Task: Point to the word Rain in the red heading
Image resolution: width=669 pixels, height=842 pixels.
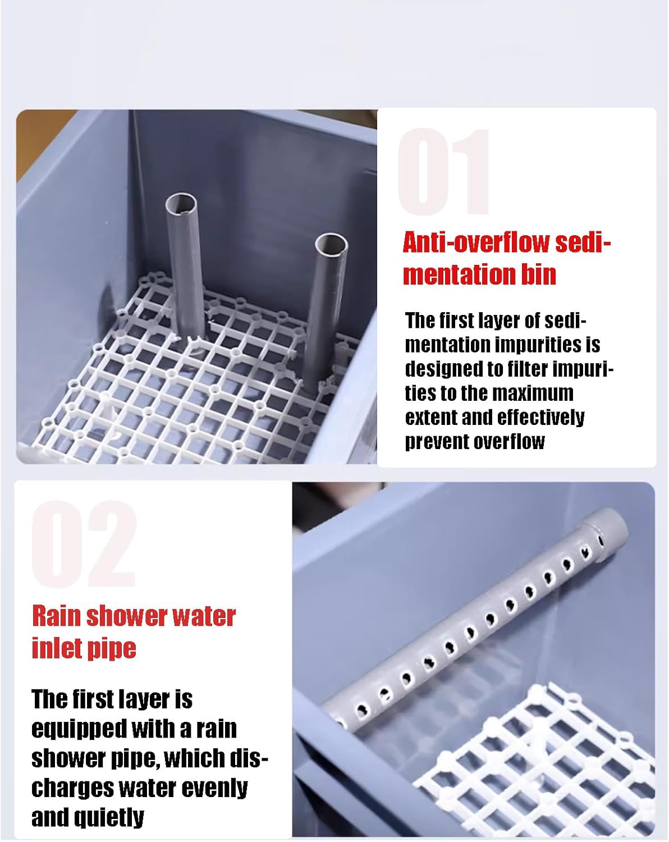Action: pyautogui.click(x=56, y=616)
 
